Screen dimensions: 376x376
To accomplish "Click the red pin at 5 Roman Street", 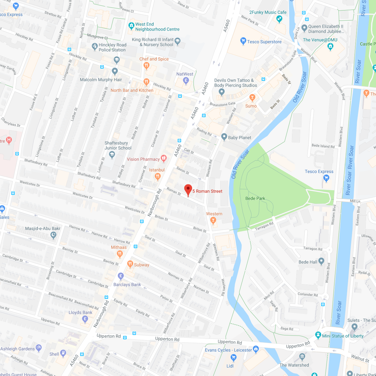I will [x=188, y=190].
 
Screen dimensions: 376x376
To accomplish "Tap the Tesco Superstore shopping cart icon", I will [x=243, y=41].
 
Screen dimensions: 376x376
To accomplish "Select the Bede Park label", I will [x=255, y=199].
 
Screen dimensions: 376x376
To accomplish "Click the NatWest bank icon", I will [x=186, y=80].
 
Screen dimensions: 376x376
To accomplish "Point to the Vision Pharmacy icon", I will [x=164, y=159].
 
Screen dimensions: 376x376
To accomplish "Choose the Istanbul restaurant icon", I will [x=158, y=177].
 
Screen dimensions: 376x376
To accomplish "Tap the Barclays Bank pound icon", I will [x=120, y=276].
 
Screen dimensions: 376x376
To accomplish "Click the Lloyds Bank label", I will [x=80, y=312].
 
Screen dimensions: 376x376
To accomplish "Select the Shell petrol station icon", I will [x=64, y=353].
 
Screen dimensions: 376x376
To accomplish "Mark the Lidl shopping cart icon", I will [x=233, y=357].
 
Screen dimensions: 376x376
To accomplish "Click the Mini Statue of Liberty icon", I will [x=318, y=335].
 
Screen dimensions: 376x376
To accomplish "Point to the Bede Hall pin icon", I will [x=322, y=261].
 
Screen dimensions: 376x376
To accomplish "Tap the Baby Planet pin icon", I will [x=224, y=137].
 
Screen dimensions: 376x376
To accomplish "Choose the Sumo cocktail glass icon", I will [x=252, y=98].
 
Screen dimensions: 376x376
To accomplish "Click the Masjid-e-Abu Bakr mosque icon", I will [x=54, y=235].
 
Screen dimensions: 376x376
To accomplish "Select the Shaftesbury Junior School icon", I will [x=112, y=155].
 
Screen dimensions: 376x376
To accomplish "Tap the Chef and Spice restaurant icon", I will [x=147, y=66].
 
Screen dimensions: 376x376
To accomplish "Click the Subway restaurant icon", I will [x=130, y=264].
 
